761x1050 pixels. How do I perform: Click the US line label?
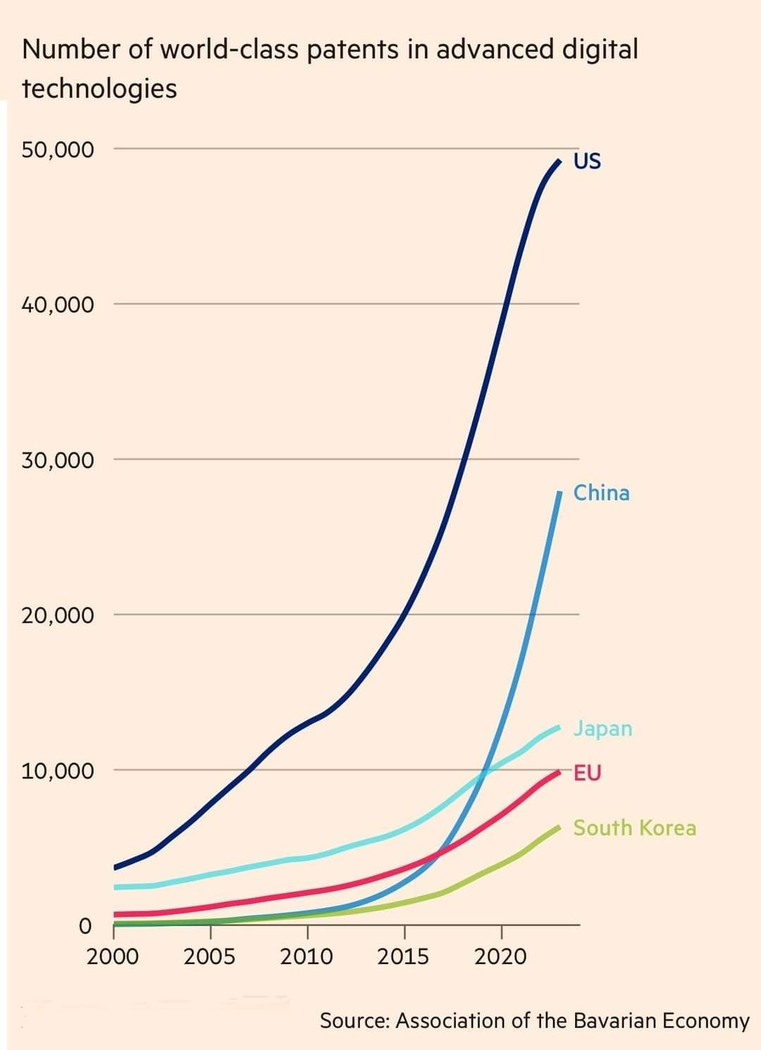click(587, 161)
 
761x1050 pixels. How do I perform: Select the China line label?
click(601, 492)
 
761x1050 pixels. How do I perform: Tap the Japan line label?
click(602, 728)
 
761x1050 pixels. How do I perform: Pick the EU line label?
click(587, 773)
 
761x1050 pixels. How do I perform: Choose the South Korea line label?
click(634, 828)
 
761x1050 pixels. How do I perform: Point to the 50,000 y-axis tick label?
click(57, 149)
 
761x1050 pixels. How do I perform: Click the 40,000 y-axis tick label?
click(57, 305)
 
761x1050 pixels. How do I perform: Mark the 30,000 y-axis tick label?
click(57, 460)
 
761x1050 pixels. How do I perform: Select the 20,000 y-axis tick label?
click(57, 615)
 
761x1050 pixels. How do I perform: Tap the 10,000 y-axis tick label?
click(57, 770)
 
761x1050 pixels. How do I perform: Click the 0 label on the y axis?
click(85, 925)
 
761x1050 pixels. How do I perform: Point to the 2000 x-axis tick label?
click(113, 957)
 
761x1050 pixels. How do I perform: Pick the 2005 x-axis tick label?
click(209, 957)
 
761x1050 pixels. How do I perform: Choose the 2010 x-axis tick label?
click(307, 957)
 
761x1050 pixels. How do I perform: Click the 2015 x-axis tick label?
click(403, 957)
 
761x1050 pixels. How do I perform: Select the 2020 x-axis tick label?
click(500, 957)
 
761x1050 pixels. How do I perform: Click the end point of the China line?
click(559, 492)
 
